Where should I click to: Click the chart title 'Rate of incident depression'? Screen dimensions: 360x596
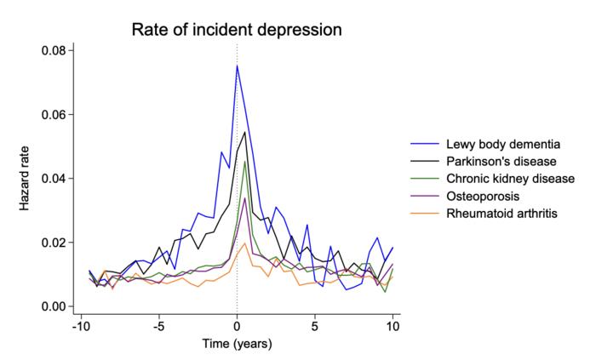[x=236, y=31]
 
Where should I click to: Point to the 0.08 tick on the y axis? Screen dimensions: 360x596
[x=53, y=50]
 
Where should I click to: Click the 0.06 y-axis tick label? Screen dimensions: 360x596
[x=53, y=114]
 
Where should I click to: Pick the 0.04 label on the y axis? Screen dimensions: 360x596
[x=53, y=178]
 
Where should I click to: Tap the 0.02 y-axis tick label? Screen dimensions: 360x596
[x=53, y=243]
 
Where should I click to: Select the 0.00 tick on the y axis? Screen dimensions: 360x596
[x=53, y=306]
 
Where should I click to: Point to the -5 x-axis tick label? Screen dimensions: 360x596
[x=158, y=325]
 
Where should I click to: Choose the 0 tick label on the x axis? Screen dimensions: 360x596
[x=237, y=325]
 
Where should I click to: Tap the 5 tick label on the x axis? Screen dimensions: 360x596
[x=315, y=325]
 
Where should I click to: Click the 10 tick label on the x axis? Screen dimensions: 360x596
[x=393, y=325]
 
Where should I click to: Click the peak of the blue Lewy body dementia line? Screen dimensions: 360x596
[x=237, y=66]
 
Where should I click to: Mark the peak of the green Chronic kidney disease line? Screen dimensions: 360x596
[x=245, y=162]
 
